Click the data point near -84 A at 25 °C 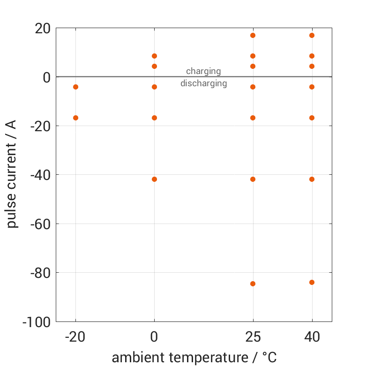[253, 284]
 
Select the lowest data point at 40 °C [312, 282]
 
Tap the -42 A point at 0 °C [154, 179]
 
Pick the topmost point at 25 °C [253, 35]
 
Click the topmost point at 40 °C [312, 35]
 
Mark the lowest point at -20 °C [75, 118]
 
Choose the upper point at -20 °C [75, 87]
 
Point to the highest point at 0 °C [154, 56]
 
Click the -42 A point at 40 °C [312, 179]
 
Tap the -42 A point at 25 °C [253, 179]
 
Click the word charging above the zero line [203, 71]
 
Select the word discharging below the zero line [203, 84]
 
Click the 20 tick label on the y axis [43, 29]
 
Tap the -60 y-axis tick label [40, 224]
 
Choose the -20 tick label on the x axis [75, 337]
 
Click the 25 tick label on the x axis [253, 337]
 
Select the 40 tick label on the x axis [312, 337]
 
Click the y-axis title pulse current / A [12, 174]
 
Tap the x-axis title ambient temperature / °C [194, 358]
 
